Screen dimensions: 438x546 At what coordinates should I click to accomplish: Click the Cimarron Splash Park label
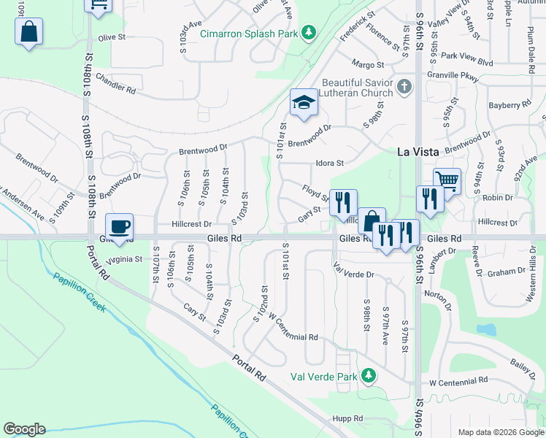click(x=253, y=32)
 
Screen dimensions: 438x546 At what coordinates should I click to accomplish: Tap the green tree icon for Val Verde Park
click(x=369, y=376)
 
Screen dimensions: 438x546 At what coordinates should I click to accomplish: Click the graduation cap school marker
click(x=303, y=103)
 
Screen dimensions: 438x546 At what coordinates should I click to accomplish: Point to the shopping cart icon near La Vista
click(x=447, y=180)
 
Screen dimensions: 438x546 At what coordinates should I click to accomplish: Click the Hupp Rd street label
click(x=347, y=419)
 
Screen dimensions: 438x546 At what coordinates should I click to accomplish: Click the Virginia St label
click(x=123, y=258)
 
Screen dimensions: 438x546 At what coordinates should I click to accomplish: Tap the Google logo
click(x=24, y=429)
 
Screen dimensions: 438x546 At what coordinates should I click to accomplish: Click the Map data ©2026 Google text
click(x=500, y=432)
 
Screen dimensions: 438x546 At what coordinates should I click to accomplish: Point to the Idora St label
click(x=329, y=163)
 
